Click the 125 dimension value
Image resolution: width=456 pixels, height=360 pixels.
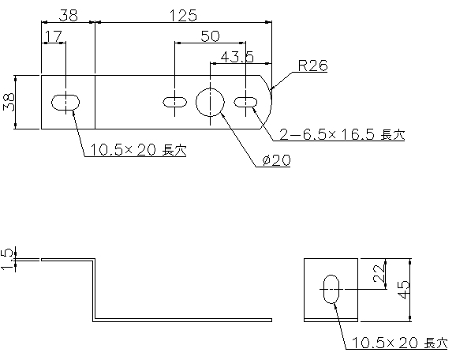(x=183, y=16)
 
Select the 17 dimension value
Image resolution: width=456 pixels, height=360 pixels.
(x=54, y=36)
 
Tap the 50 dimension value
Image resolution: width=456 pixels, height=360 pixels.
(x=211, y=36)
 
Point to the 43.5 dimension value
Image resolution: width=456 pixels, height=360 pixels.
(x=237, y=57)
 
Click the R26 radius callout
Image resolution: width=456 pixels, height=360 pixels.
(x=313, y=66)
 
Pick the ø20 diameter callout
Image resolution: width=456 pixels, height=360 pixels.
(x=276, y=160)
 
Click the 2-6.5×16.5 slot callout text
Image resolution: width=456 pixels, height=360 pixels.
(x=342, y=135)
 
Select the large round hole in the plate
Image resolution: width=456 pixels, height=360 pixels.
(x=210, y=103)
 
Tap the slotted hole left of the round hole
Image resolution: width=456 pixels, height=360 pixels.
(x=174, y=103)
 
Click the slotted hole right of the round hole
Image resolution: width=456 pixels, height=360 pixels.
(x=245, y=103)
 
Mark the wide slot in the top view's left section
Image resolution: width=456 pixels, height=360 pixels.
(x=65, y=103)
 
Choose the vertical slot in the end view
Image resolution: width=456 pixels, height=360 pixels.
(x=331, y=289)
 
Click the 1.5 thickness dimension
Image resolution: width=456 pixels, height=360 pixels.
(x=8, y=259)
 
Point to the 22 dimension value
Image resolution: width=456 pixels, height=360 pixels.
(x=379, y=274)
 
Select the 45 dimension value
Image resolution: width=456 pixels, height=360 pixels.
(x=403, y=290)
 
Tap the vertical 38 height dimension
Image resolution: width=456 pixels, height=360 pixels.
(x=9, y=102)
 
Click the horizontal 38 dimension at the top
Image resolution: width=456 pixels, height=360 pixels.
(x=69, y=16)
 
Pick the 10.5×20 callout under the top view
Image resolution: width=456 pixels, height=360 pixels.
(x=138, y=150)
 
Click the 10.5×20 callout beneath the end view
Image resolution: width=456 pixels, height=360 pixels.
(x=399, y=343)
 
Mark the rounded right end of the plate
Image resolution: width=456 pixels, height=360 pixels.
(x=271, y=102)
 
